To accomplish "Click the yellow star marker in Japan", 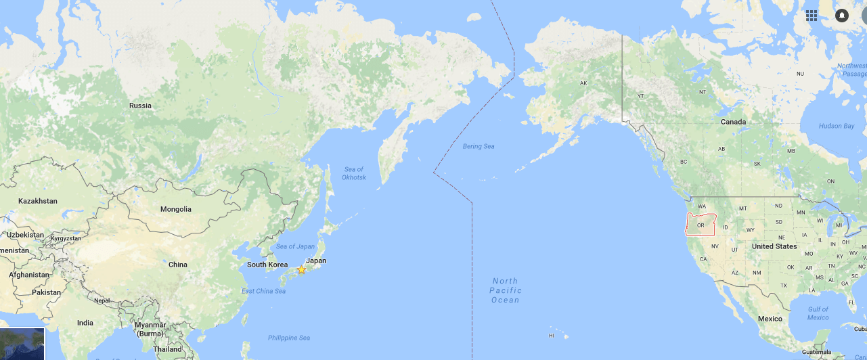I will point(301,269).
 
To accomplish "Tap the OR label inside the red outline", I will point(701,225).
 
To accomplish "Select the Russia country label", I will point(140,106).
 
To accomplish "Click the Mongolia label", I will point(175,209).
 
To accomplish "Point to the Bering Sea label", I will point(479,146).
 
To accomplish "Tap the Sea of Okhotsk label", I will point(354,173).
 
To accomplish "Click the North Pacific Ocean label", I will point(505,290).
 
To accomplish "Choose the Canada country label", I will point(733,122).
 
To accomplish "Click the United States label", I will point(774,246).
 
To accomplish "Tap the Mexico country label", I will point(770,319).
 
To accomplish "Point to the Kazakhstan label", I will point(38,201).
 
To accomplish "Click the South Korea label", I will point(267,265).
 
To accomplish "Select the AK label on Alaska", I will point(583,83).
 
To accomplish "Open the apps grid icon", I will point(812,15).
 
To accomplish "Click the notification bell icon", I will point(842,15).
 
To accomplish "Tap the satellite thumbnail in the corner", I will point(22,344).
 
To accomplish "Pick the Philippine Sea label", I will point(288,338).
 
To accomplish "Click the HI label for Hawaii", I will point(552,336).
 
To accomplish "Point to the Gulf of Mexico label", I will point(818,313).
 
